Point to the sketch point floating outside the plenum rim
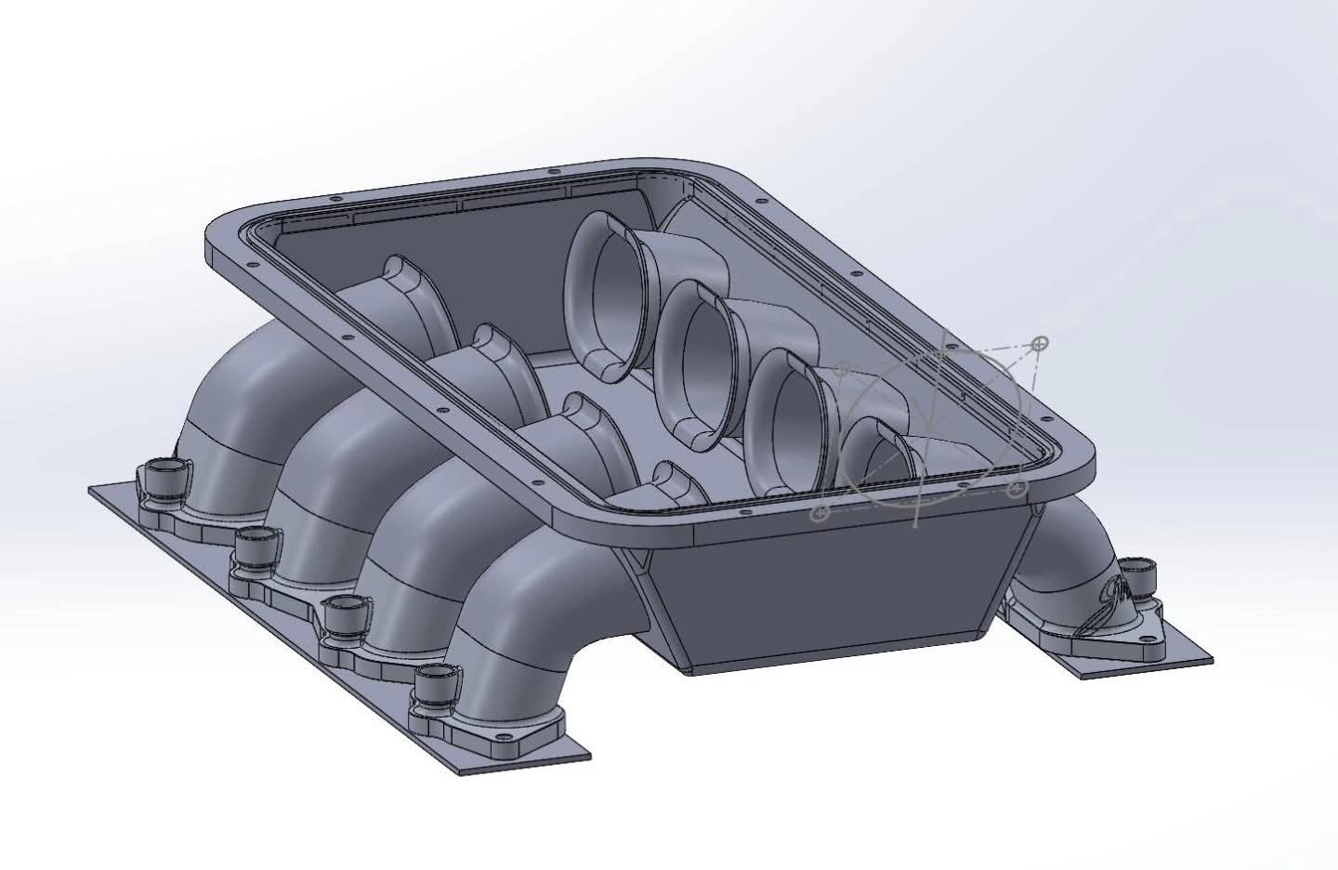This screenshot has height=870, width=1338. (1041, 343)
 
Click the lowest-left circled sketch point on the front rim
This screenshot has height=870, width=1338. (819, 512)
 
